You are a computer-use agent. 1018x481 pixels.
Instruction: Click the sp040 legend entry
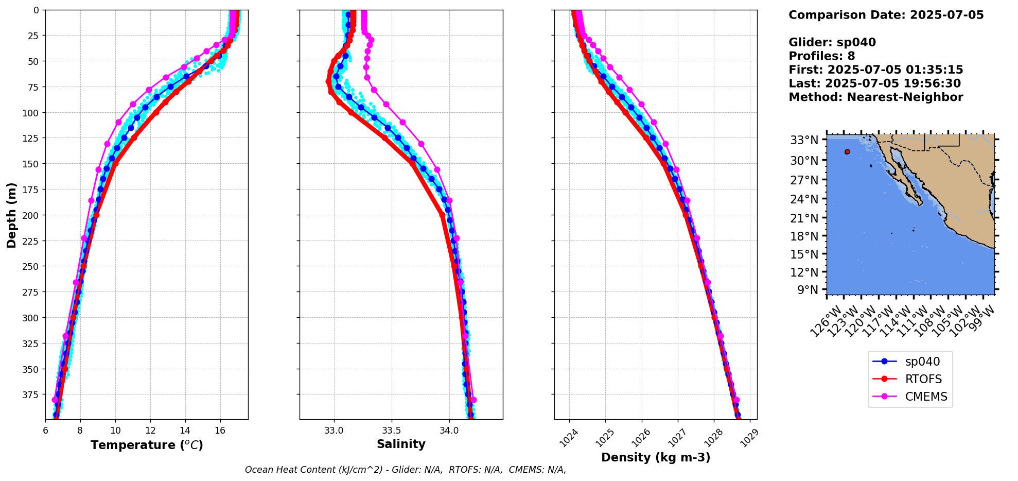click(x=922, y=362)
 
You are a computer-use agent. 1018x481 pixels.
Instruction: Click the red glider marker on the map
click(x=847, y=151)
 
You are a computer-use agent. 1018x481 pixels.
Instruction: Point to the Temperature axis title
click(x=147, y=445)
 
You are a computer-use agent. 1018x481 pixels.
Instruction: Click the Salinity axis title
click(x=401, y=444)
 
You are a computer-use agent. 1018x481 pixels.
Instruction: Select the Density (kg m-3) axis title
click(x=656, y=457)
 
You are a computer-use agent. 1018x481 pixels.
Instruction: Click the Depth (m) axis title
click(x=11, y=215)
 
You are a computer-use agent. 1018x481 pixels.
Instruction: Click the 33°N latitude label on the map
click(x=804, y=140)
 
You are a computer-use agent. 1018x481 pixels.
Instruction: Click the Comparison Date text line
click(x=886, y=15)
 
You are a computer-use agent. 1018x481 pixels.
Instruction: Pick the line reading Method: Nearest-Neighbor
click(x=875, y=97)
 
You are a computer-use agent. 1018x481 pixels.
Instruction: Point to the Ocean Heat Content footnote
click(x=405, y=470)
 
